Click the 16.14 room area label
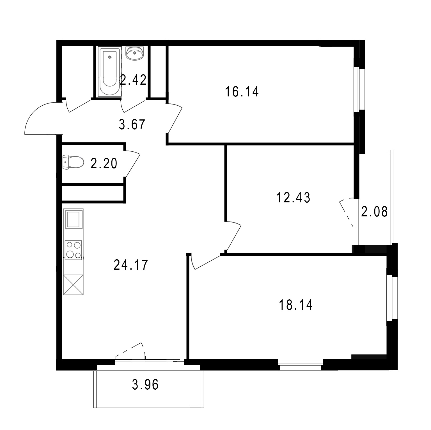pos(242,92)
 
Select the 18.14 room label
pos(295,305)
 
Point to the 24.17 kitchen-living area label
pos(131,265)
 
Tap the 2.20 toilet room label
pos(104,163)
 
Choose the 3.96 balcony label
pos(145,385)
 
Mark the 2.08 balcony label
pos(374,212)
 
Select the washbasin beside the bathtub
pos(135,53)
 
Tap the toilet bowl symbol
pos(73,162)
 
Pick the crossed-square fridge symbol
pos(74,285)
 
